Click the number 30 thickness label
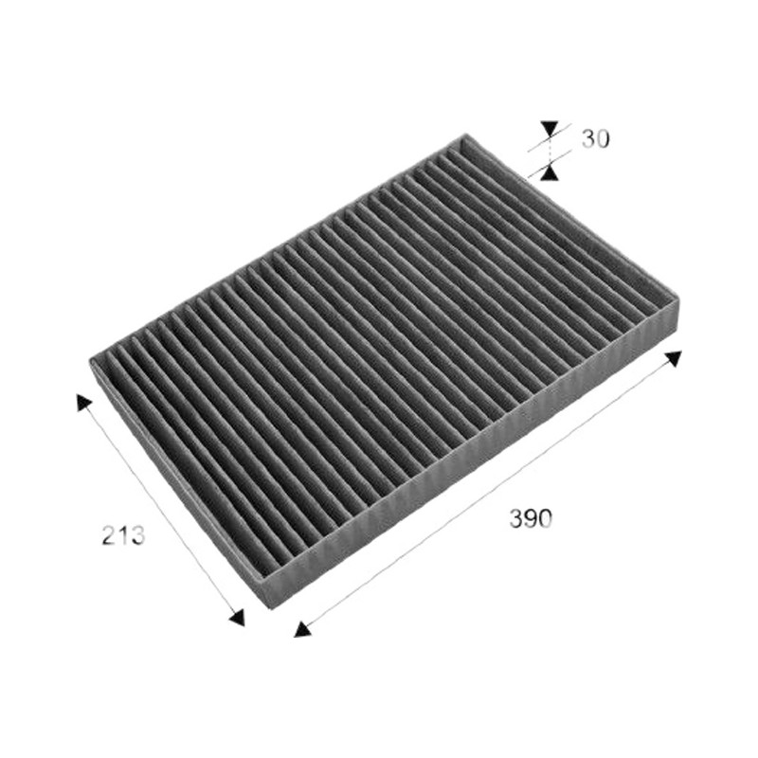pyautogui.click(x=595, y=138)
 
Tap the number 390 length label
pyautogui.click(x=531, y=518)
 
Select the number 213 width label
pyautogui.click(x=123, y=535)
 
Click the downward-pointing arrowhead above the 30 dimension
pyautogui.click(x=550, y=128)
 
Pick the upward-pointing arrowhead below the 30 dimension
pyautogui.click(x=550, y=172)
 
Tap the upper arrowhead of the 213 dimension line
pyautogui.click(x=82, y=401)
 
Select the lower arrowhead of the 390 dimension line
pyautogui.click(x=301, y=629)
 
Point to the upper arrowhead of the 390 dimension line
pyautogui.click(x=674, y=358)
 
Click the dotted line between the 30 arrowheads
pyautogui.click(x=550, y=150)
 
